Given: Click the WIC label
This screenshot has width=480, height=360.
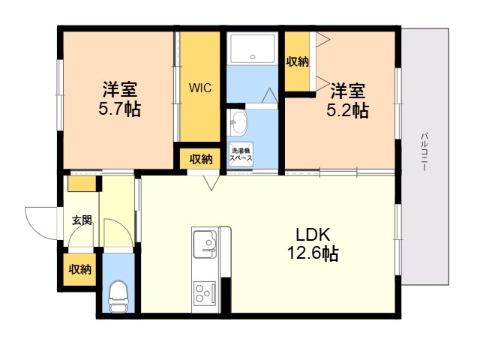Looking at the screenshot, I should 199,87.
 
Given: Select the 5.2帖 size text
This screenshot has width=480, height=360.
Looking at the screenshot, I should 347,111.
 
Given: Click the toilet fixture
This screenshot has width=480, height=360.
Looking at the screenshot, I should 118,295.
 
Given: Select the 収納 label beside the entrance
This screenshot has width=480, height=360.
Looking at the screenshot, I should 79,269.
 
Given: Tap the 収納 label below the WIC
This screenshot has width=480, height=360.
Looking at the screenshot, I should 200,159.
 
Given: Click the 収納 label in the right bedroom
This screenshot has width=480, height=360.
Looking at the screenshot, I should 297,62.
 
